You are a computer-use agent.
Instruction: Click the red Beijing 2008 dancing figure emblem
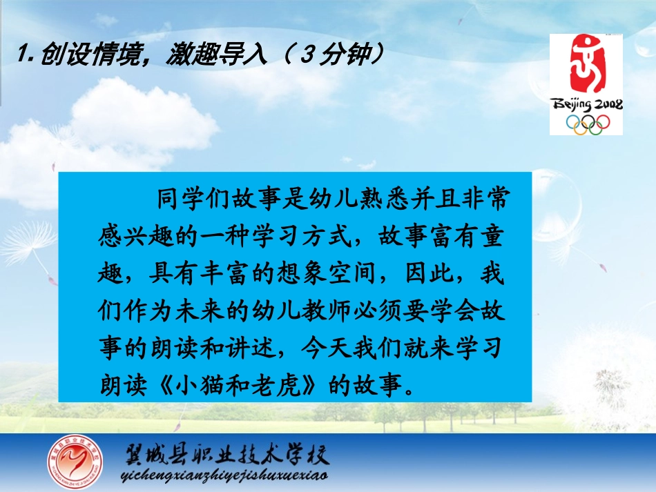pyautogui.click(x=586, y=66)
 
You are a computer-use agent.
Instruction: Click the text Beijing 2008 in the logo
pyautogui.click(x=586, y=105)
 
